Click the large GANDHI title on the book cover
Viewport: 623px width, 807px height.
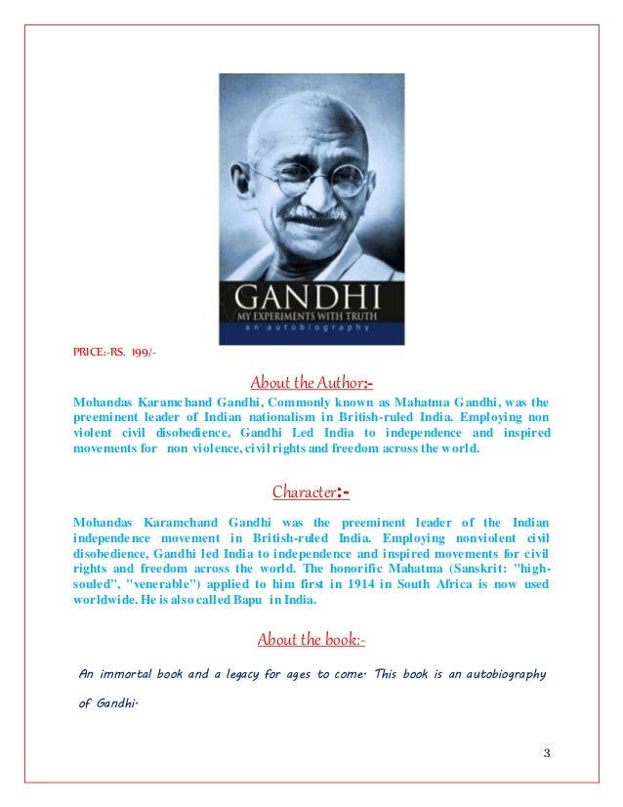[311, 294]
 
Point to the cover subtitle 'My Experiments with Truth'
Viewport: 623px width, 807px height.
[311, 318]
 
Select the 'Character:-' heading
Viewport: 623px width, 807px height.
[311, 493]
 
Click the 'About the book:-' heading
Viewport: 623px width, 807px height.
[311, 640]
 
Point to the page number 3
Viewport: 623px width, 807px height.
[547, 751]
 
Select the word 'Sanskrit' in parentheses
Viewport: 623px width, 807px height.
[483, 570]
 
